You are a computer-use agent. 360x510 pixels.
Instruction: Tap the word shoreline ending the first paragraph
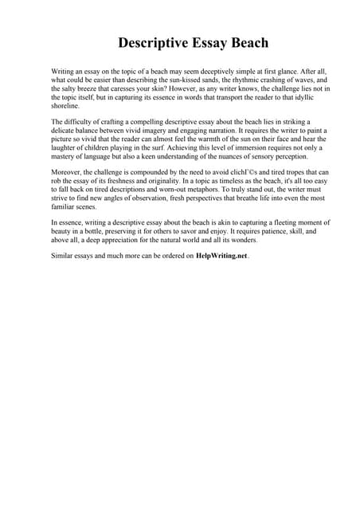[65, 106]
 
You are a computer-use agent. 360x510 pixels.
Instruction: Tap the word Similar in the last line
[63, 256]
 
